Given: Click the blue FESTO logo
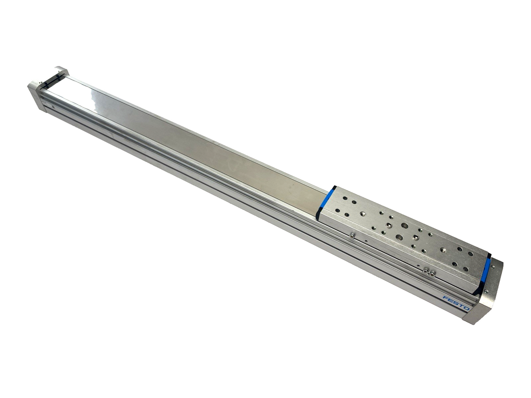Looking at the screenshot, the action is click(x=456, y=303).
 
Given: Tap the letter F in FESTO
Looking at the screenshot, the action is click(x=445, y=298).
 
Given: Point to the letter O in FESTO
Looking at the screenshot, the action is click(x=466, y=308).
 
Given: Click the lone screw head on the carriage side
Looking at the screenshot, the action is click(x=353, y=236).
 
